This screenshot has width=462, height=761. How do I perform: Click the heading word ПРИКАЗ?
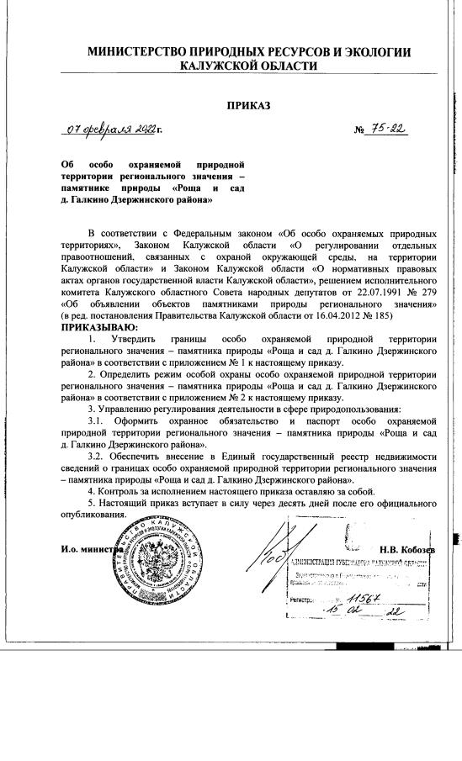[x=249, y=107]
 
